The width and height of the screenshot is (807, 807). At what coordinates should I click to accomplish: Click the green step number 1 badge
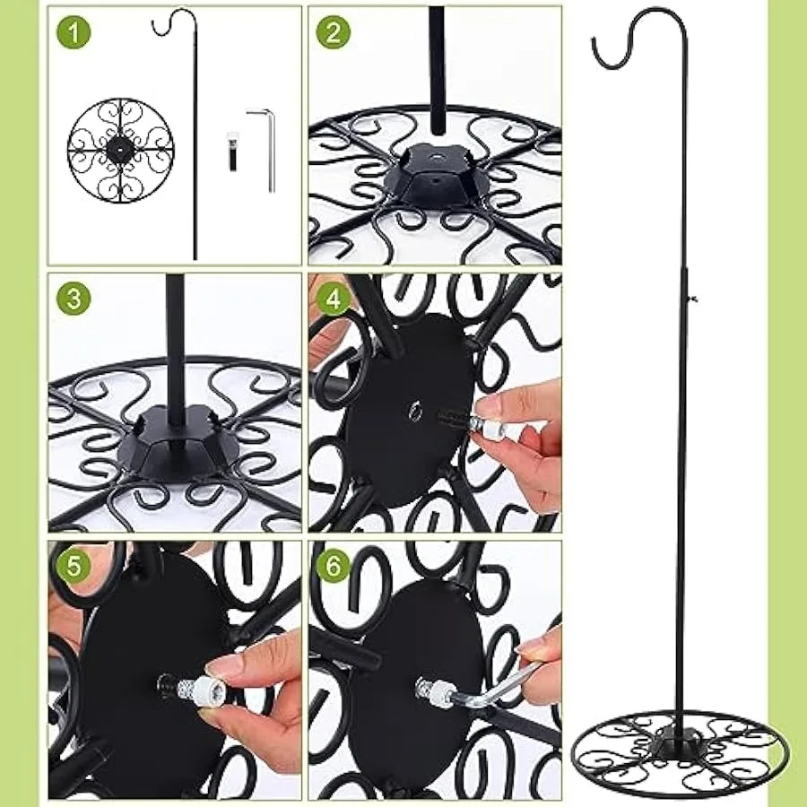tap(74, 32)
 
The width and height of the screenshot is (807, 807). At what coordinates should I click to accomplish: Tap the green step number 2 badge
tap(333, 32)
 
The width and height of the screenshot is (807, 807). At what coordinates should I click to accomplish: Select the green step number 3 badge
tap(74, 299)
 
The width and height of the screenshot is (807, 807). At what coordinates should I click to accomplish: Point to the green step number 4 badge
tap(333, 299)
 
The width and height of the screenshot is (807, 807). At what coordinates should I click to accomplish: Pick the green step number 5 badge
tap(74, 565)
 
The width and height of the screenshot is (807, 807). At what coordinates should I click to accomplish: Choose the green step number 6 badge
tap(333, 565)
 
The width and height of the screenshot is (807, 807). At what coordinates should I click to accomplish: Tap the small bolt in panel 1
tap(233, 152)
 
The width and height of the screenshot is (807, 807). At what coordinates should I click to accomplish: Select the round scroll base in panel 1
tap(121, 150)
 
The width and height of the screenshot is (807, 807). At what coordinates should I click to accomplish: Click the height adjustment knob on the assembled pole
tap(692, 298)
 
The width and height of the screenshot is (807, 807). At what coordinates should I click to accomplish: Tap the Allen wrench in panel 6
tap(494, 684)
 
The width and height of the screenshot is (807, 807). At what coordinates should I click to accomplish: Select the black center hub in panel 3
tap(178, 444)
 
